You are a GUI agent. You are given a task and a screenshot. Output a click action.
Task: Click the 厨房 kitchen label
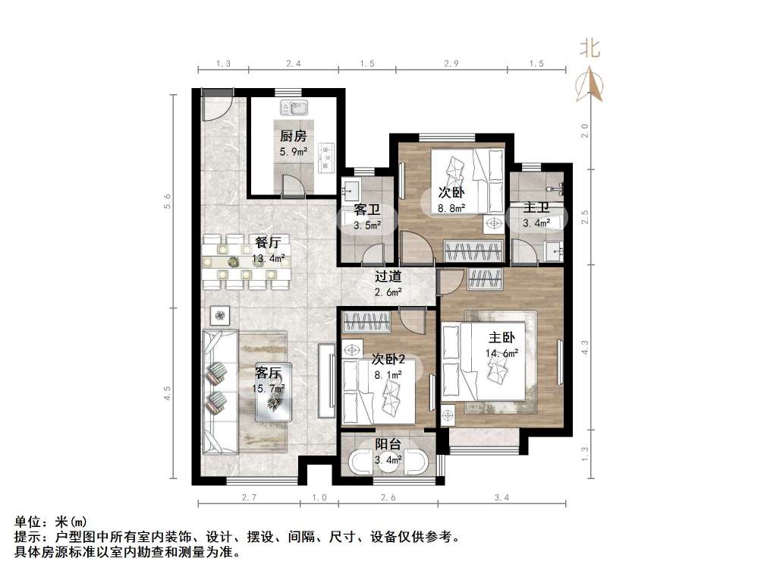pos(293,137)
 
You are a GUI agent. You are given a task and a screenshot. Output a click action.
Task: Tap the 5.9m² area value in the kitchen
pos(293,152)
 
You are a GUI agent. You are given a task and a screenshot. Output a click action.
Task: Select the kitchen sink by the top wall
pos(292,109)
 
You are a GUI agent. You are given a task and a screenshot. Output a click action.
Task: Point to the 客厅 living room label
pos(269,373)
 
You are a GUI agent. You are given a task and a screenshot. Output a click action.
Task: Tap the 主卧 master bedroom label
pos(501,338)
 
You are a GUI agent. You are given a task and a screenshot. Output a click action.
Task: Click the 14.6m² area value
pos(501,353)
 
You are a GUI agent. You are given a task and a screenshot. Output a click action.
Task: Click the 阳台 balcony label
pos(388,445)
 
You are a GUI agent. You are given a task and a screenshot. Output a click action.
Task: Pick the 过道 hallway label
pos(388,277)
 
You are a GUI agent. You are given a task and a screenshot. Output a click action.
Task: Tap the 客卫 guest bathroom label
pos(366,210)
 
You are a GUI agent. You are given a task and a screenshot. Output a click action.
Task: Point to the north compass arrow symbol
pos(590,84)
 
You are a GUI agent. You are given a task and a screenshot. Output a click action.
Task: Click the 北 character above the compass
pos(590,49)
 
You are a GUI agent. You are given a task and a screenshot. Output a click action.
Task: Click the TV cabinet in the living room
pos(326,380)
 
